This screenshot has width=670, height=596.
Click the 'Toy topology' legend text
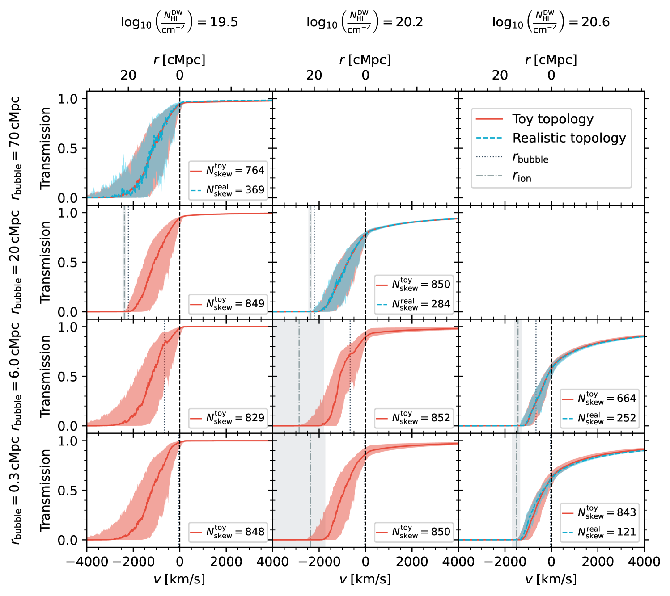click(x=552, y=119)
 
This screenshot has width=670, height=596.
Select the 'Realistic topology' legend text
click(x=569, y=139)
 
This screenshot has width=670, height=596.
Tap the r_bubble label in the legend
click(x=530, y=158)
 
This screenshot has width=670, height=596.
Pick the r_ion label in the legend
click(x=522, y=177)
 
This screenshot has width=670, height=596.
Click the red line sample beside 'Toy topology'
click(x=489, y=119)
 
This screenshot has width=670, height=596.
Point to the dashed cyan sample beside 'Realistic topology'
click(x=489, y=138)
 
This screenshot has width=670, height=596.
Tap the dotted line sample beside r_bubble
click(x=489, y=157)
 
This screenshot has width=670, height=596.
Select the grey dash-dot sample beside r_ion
click(x=489, y=176)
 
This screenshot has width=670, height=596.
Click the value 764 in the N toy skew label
click(x=254, y=170)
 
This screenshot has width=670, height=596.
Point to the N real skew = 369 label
click(x=235, y=190)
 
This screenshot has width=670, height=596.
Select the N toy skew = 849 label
click(x=235, y=304)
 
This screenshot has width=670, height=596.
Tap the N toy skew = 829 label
click(x=235, y=418)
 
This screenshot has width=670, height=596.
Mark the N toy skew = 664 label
click(x=607, y=398)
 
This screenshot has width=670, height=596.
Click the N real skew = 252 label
click(x=607, y=418)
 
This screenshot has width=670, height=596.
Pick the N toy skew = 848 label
click(x=235, y=532)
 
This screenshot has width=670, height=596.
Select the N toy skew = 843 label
click(x=607, y=512)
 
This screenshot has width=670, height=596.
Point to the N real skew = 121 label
click(x=607, y=532)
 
